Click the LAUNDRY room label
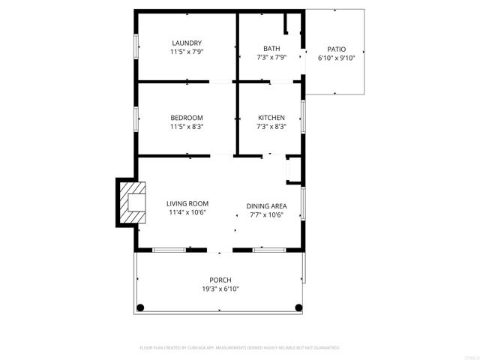pos(187,43)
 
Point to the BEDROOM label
pos(187,118)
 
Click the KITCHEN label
pos(271,118)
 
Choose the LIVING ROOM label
pos(187,203)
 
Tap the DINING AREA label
pos(267,205)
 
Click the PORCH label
pos(220,280)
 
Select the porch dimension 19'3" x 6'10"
pos(220,289)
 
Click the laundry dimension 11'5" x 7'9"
pos(187,52)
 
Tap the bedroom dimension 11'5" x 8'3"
pos(187,127)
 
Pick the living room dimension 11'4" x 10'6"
pos(187,212)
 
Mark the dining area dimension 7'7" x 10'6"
pos(267,214)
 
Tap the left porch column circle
pos(139,307)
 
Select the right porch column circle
pos(299,307)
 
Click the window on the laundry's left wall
pos(136,46)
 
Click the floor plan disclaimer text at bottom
pos(240,348)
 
